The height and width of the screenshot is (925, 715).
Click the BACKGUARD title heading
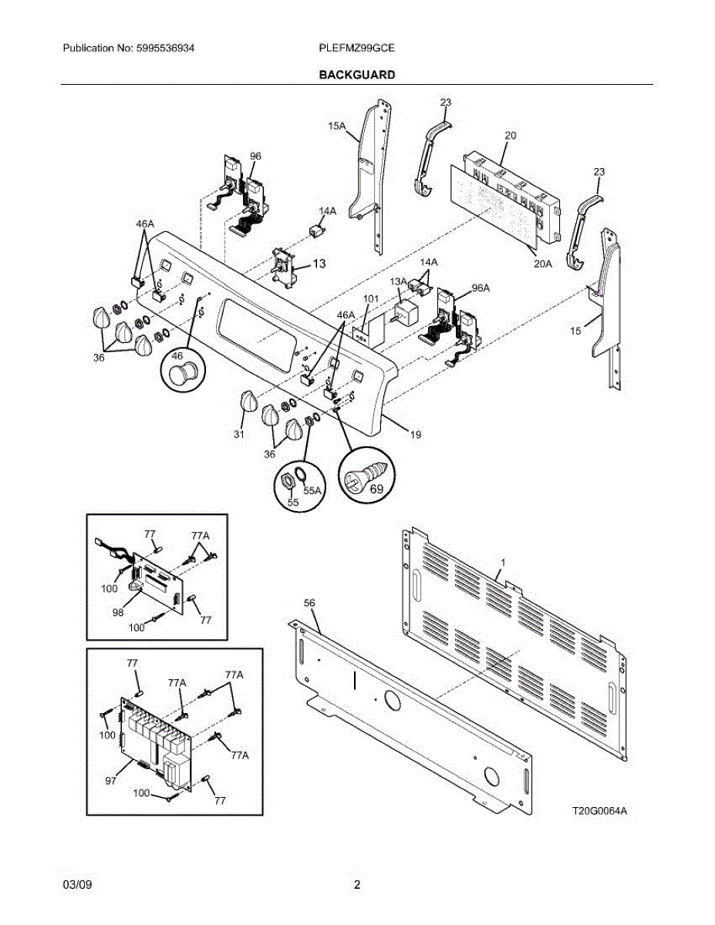coord(357,75)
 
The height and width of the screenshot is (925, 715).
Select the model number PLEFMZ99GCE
coord(357,48)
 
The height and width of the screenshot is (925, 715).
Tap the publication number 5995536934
coord(165,48)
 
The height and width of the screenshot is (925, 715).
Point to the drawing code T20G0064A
coord(599,810)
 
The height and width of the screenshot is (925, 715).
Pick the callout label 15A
coord(336,126)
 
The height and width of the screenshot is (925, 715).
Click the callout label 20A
coord(543,264)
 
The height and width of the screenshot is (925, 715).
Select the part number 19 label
coord(416,434)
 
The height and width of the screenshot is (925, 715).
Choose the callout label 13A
coord(399,281)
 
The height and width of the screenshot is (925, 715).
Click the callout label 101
coord(370,298)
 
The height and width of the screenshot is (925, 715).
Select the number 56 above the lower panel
coord(309,603)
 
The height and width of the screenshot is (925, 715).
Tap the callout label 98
coord(118,612)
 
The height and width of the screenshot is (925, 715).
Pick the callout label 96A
coord(481,288)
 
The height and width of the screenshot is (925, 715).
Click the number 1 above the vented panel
coord(503,563)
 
